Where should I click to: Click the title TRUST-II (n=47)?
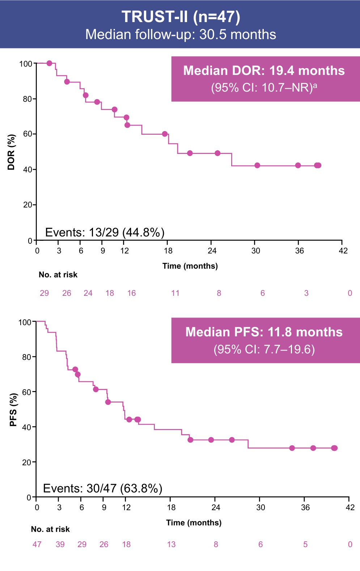point(181,17)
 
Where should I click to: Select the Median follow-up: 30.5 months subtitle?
point(181,34)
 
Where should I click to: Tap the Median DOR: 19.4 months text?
point(264,70)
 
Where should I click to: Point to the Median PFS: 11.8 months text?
point(264,332)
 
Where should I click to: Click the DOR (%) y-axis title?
point(11,152)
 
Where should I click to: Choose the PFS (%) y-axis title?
point(13,410)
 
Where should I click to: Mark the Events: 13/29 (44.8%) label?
point(105,232)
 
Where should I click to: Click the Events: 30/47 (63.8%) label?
point(102,488)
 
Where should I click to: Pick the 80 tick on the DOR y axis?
point(27,99)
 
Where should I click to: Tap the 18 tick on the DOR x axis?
point(168,251)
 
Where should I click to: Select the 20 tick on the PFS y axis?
point(26,462)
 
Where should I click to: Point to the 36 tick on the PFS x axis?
point(305,507)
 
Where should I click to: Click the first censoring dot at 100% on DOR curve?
point(50,63)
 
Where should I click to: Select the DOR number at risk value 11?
point(175,293)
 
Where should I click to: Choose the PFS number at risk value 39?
point(60,544)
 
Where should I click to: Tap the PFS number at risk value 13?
point(171,544)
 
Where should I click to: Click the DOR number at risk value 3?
point(306,293)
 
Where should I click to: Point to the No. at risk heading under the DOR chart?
point(58,274)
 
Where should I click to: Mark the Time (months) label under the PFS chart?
point(194,522)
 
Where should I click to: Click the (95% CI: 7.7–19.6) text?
point(264,349)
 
